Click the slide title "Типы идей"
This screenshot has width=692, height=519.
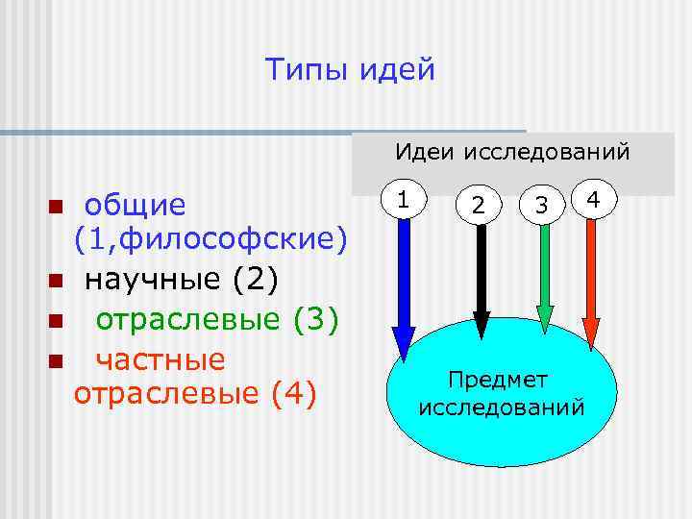[x=350, y=70]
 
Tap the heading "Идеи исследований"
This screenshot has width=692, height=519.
[x=513, y=152]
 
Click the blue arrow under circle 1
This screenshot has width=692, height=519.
[x=404, y=288]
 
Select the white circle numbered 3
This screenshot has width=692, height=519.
[x=542, y=205]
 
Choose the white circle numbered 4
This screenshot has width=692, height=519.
[x=594, y=199]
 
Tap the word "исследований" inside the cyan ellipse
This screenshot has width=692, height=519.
[x=502, y=407]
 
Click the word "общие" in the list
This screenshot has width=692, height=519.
[x=136, y=205]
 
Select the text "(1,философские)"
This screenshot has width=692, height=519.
[x=210, y=237]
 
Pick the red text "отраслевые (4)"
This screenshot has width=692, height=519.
[x=194, y=394]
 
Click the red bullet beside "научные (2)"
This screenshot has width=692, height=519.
[x=56, y=282]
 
